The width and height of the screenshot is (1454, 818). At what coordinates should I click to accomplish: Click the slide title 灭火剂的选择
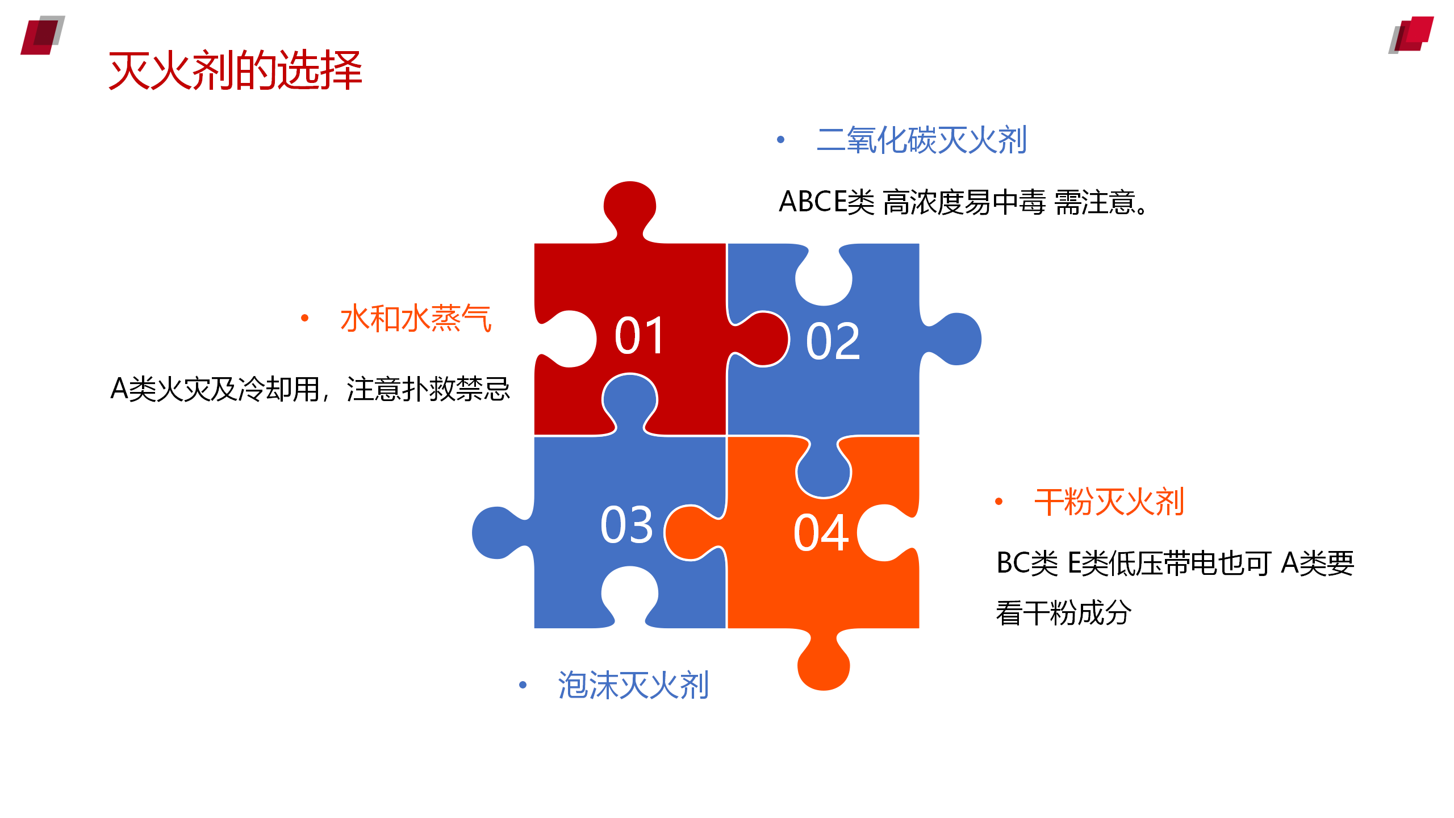click(235, 70)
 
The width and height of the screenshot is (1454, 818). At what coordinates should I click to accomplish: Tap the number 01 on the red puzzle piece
click(640, 336)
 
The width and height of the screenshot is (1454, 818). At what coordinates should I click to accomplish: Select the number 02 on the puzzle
click(833, 341)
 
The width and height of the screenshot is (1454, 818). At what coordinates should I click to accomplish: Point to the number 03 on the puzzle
click(627, 525)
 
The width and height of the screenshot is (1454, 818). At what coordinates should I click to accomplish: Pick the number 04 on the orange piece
click(821, 533)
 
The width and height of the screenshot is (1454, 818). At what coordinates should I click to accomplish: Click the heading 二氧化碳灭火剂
click(921, 140)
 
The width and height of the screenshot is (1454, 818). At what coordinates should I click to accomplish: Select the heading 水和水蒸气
click(416, 318)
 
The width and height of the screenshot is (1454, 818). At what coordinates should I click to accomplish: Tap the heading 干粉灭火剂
click(1109, 502)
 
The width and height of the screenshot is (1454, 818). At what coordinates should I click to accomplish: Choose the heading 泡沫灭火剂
click(633, 685)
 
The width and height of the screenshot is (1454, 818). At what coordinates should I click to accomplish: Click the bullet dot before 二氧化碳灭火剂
click(781, 140)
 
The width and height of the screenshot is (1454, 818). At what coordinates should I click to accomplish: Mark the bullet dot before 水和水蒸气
click(305, 318)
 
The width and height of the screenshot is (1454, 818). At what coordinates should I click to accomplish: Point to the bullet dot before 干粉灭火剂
click(999, 502)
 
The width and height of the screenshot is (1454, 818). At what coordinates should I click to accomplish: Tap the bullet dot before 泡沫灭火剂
click(523, 685)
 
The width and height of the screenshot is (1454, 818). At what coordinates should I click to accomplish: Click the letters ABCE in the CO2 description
click(812, 202)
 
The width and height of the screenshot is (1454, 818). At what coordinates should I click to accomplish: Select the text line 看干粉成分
click(1064, 613)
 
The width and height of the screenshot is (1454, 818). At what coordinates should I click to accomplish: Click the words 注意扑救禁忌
click(428, 390)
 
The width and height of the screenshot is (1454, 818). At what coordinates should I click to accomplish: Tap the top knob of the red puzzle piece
click(630, 207)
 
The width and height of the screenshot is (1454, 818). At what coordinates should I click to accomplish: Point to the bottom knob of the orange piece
click(824, 662)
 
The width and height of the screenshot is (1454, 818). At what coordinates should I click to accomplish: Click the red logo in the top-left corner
click(43, 35)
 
